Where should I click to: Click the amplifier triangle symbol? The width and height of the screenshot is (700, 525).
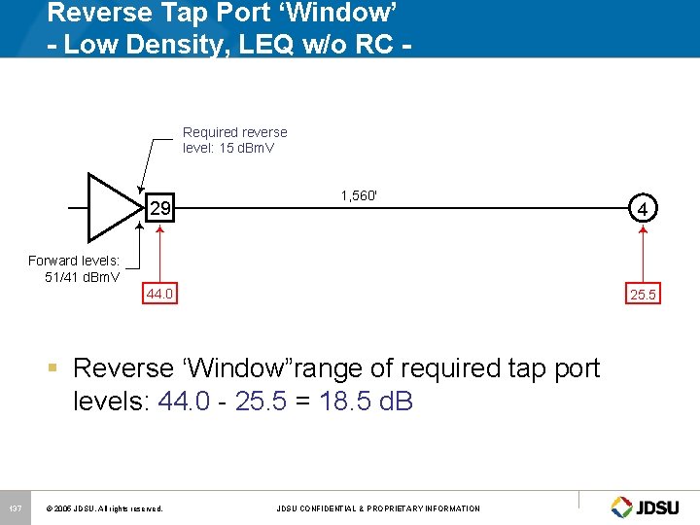point(113,207)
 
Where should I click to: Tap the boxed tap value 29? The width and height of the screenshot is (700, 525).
point(159,208)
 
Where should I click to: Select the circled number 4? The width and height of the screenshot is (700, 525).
point(642,208)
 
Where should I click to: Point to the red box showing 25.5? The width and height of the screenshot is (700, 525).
point(643,293)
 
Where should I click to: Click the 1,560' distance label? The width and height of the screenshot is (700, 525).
point(359,195)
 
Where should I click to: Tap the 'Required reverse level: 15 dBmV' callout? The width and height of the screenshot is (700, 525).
point(234,140)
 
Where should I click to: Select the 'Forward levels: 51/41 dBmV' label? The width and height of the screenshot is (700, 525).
point(75,268)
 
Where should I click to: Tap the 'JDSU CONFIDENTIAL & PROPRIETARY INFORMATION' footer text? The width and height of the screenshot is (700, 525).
point(378,508)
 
